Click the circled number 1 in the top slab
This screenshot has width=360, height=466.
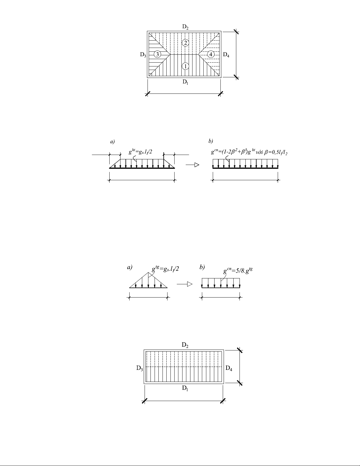click(x=185, y=66)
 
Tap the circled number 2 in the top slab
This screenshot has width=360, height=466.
click(x=185, y=43)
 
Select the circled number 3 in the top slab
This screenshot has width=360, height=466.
click(x=158, y=54)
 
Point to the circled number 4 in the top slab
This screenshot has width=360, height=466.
click(x=211, y=54)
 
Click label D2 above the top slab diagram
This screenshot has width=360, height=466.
click(x=185, y=27)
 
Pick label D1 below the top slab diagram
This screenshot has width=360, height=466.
click(x=185, y=82)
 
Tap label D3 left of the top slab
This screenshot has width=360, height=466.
click(x=143, y=55)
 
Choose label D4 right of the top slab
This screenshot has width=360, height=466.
click(x=226, y=55)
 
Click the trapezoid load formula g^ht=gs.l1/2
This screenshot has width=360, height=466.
click(x=140, y=152)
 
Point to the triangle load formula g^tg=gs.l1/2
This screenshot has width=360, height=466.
click(x=165, y=269)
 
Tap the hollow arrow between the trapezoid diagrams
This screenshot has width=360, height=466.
click(x=192, y=165)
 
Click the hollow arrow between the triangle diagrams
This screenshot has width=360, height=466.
click(x=185, y=284)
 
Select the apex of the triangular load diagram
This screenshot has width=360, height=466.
click(x=148, y=272)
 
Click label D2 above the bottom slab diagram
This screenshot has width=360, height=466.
click(x=185, y=345)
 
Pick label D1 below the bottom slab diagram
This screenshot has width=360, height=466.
click(x=185, y=388)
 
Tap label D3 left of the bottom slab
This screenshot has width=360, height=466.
click(x=140, y=368)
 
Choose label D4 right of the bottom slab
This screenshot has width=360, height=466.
click(x=229, y=368)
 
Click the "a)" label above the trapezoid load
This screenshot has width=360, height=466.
click(x=112, y=141)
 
